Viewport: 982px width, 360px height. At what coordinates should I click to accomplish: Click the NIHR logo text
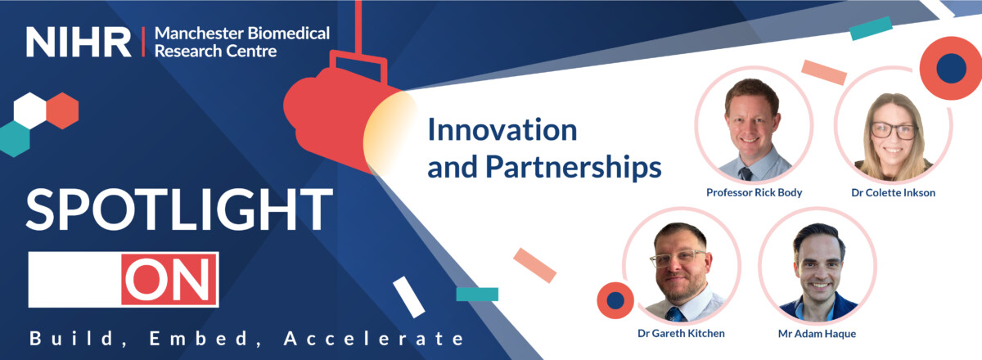[79, 42]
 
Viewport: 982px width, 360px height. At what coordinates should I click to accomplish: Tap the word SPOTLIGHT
[179, 209]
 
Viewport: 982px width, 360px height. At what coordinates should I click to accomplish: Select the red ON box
[169, 279]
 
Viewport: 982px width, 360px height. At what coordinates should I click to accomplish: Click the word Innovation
[502, 130]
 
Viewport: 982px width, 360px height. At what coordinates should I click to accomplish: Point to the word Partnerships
[574, 168]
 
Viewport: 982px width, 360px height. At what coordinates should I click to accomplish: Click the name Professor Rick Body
[754, 192]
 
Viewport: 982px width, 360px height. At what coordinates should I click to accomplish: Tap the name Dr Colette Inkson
[893, 192]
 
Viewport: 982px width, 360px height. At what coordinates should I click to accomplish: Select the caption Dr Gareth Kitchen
[681, 333]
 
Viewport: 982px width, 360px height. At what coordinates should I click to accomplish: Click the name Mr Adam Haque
[817, 334]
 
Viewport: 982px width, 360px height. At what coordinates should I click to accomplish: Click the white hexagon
[29, 110]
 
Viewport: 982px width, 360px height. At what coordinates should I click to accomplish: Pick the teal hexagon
[15, 139]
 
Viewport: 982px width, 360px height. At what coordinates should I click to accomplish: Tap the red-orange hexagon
[62, 110]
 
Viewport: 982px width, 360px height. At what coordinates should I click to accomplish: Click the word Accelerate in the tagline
[373, 339]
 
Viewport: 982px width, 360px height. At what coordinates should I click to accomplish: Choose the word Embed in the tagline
[199, 339]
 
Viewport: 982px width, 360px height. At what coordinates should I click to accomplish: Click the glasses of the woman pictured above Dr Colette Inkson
[894, 131]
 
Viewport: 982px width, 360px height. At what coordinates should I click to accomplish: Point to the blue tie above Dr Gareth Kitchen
[674, 314]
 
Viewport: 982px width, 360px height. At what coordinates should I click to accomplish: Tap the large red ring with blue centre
[951, 68]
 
